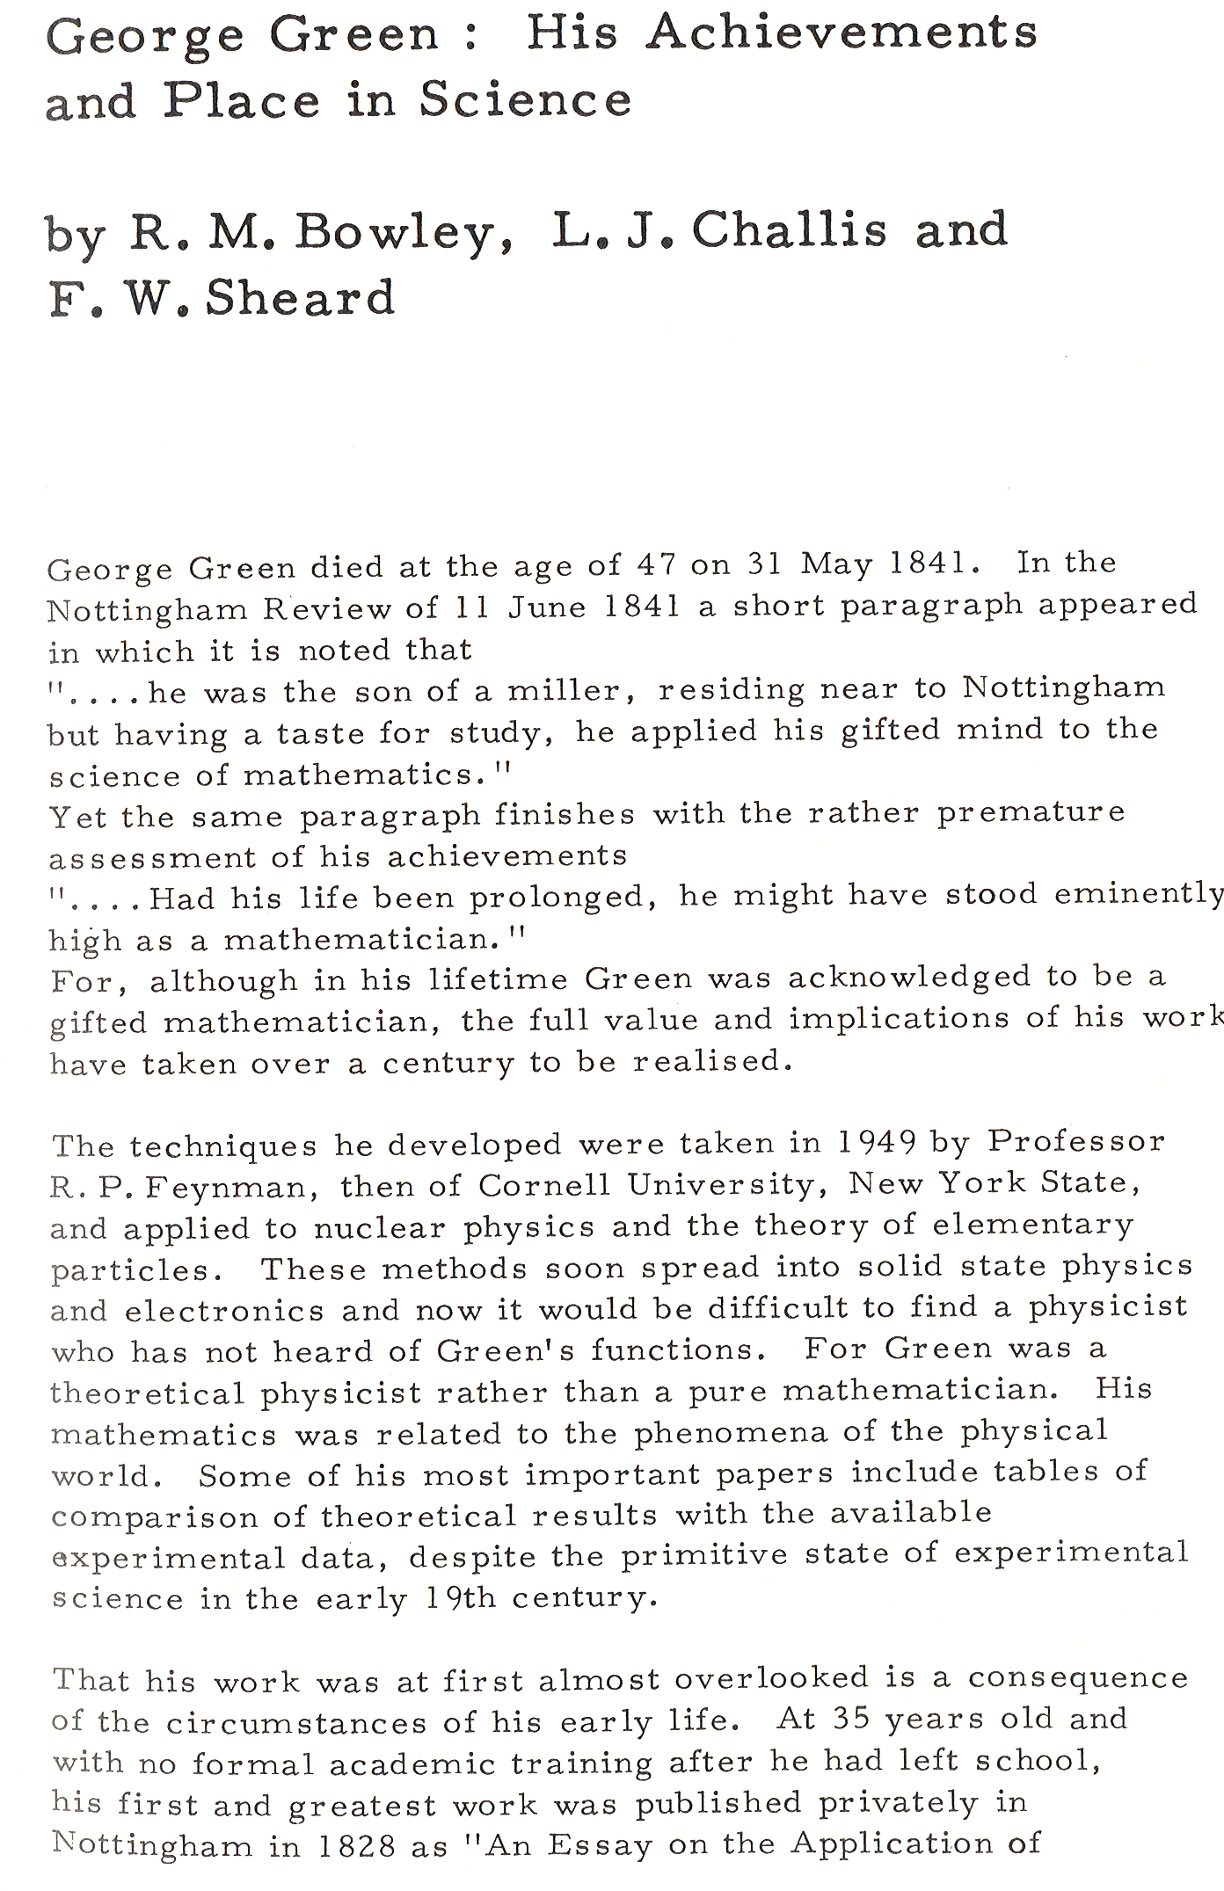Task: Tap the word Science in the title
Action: click(x=525, y=99)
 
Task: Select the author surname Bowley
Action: click(x=404, y=233)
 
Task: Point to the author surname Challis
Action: click(x=789, y=230)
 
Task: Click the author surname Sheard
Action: click(x=300, y=298)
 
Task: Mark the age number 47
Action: click(x=657, y=564)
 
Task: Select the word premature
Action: click(x=1031, y=813)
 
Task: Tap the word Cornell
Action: click(x=543, y=1185)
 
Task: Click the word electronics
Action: click(x=224, y=1312)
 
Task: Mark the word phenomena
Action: click(x=731, y=1434)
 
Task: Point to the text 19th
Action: click(x=460, y=1597)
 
